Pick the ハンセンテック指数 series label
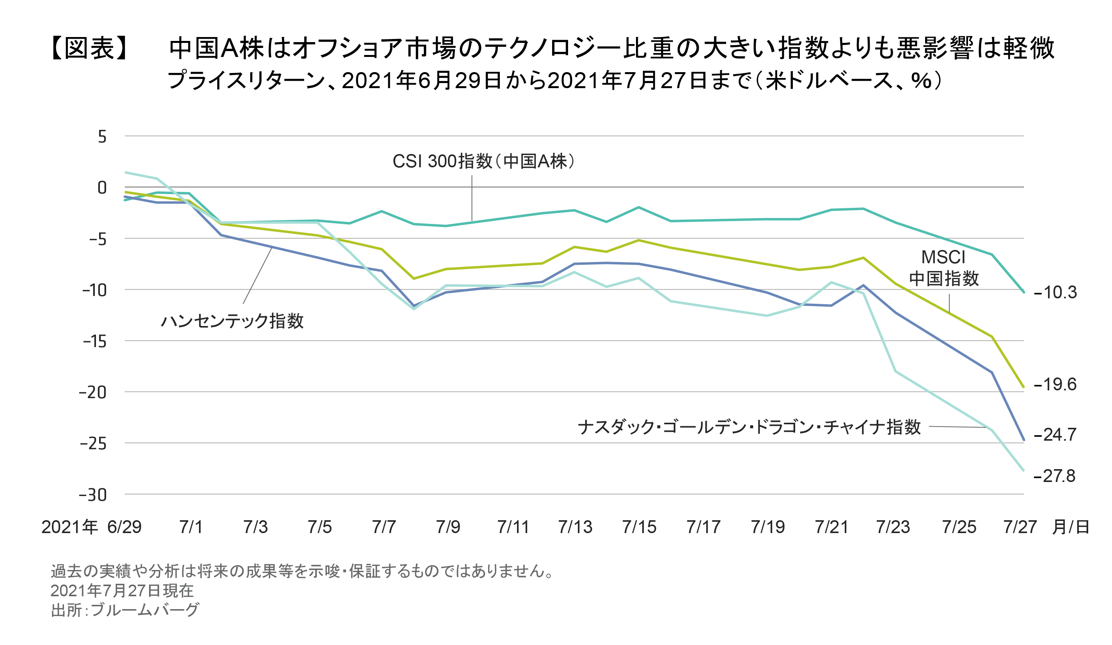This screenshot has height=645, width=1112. point(232,321)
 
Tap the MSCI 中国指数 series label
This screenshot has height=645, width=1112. point(943,268)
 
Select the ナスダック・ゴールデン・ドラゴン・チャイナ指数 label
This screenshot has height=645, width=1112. point(749,427)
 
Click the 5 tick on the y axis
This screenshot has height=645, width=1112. point(102,137)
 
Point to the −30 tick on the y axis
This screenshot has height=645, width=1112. point(93,495)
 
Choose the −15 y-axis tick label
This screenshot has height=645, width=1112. point(95,342)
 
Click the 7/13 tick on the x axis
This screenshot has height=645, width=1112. point(575,527)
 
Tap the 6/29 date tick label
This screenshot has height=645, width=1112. point(124,527)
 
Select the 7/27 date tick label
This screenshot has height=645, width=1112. point(1020,527)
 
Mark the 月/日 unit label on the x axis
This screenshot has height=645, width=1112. point(1071,527)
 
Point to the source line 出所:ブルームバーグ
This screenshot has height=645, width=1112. point(125,610)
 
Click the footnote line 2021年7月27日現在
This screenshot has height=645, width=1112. point(122,591)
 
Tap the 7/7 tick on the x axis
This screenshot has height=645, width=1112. point(384,527)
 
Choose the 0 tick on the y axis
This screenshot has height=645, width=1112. point(102,188)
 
